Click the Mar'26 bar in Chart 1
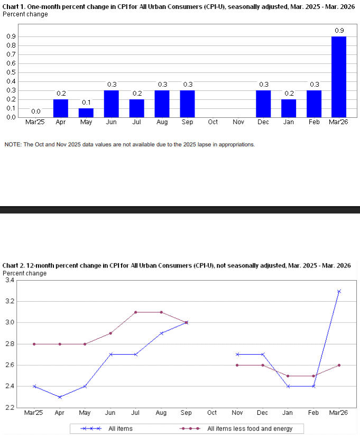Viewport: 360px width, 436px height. pyautogui.click(x=339, y=77)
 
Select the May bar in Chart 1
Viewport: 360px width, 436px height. pyautogui.click(x=86, y=113)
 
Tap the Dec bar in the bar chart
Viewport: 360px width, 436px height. pyautogui.click(x=263, y=104)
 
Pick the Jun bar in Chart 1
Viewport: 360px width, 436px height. pyautogui.click(x=111, y=104)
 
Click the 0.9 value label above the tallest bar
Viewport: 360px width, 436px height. pyautogui.click(x=339, y=31)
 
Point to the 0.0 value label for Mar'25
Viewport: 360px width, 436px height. pyautogui.click(x=35, y=112)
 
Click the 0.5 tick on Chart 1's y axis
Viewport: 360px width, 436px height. pyautogui.click(x=11, y=72)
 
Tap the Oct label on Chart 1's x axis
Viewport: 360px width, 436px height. pyautogui.click(x=213, y=122)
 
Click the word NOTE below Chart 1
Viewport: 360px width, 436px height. pyautogui.click(x=13, y=144)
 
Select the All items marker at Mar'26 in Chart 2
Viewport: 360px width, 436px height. pyautogui.click(x=339, y=291)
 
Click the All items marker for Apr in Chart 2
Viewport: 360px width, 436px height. pyautogui.click(x=60, y=397)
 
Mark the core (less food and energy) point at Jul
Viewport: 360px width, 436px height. pyautogui.click(x=136, y=312)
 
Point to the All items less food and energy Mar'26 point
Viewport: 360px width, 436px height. pyautogui.click(x=339, y=365)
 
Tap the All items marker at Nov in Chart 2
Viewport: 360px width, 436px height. pyautogui.click(x=237, y=355)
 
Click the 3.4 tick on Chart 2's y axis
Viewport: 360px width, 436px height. pyautogui.click(x=10, y=280)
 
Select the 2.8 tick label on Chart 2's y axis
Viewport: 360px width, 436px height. pyautogui.click(x=10, y=344)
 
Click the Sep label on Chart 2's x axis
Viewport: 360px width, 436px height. pyautogui.click(x=187, y=413)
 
